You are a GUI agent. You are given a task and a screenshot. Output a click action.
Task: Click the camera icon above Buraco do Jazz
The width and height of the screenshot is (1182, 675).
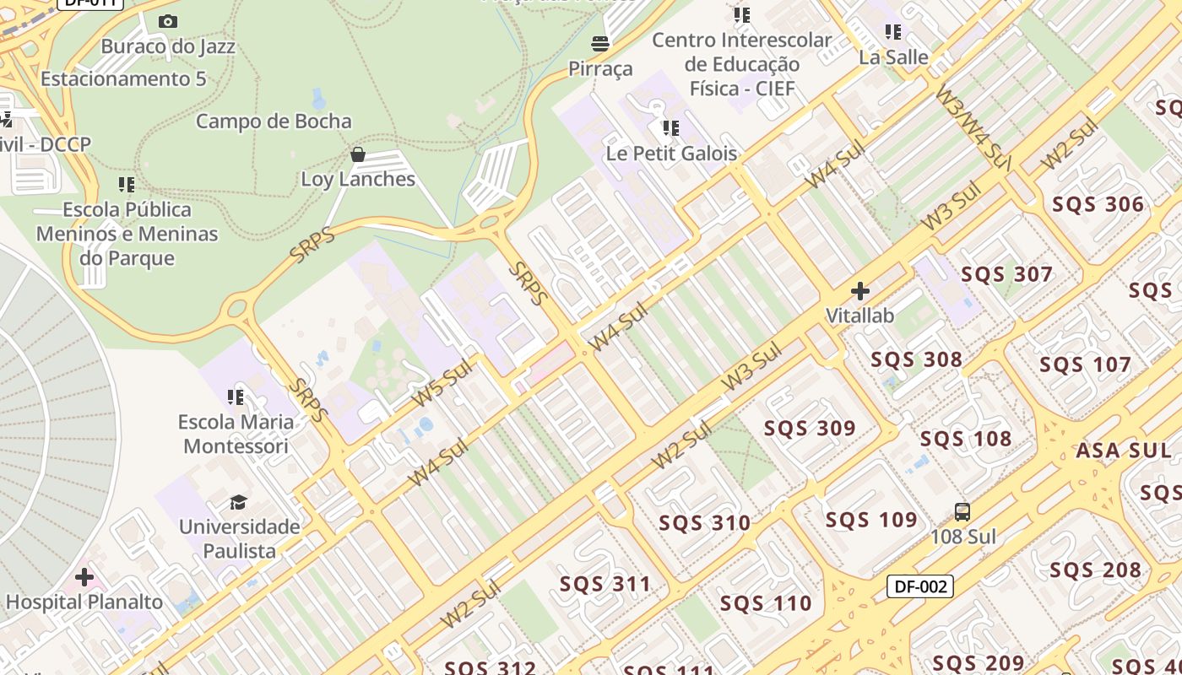pos(168,22)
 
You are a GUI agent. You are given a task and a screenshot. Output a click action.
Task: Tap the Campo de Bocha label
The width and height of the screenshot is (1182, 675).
pos(274,121)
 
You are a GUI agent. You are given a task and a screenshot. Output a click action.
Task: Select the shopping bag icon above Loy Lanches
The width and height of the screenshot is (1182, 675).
pos(358,154)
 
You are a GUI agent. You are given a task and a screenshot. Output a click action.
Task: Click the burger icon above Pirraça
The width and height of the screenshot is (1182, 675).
pos(600,43)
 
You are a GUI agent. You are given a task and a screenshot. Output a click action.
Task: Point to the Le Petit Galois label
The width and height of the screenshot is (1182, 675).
pos(671,154)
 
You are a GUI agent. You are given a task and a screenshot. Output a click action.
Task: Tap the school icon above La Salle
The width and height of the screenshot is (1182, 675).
pos(893,32)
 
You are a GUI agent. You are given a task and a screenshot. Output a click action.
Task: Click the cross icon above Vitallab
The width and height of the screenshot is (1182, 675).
pos(860,292)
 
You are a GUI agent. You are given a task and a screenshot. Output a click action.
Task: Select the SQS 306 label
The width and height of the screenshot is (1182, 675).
pos(1098,204)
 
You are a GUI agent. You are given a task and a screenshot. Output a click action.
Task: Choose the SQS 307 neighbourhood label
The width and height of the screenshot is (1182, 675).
pos(1006,274)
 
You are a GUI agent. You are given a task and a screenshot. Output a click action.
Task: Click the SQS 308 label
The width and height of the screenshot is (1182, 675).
pos(916,359)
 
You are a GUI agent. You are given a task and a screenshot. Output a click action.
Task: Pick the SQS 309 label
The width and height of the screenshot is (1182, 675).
pos(810,428)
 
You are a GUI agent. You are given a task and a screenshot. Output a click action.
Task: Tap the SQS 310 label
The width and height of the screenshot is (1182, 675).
pos(704,523)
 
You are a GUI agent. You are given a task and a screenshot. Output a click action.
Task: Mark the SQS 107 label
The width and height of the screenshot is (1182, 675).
pos(1085,365)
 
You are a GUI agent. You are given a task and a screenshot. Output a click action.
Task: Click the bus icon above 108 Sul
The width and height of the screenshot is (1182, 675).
pos(962,511)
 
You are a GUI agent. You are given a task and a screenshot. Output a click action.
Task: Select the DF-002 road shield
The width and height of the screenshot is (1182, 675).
pos(919,586)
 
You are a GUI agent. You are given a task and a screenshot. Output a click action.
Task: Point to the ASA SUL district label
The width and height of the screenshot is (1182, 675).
pos(1123,451)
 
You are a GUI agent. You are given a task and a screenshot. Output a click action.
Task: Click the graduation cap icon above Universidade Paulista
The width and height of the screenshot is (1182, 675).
pos(239,503)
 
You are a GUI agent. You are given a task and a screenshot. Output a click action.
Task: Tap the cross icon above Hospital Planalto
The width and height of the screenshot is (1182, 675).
pos(84,578)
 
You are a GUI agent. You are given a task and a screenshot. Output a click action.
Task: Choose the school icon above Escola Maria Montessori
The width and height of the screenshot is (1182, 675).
pos(236,397)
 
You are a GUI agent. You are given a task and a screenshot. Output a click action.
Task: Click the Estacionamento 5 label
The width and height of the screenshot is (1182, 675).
pos(123,79)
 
